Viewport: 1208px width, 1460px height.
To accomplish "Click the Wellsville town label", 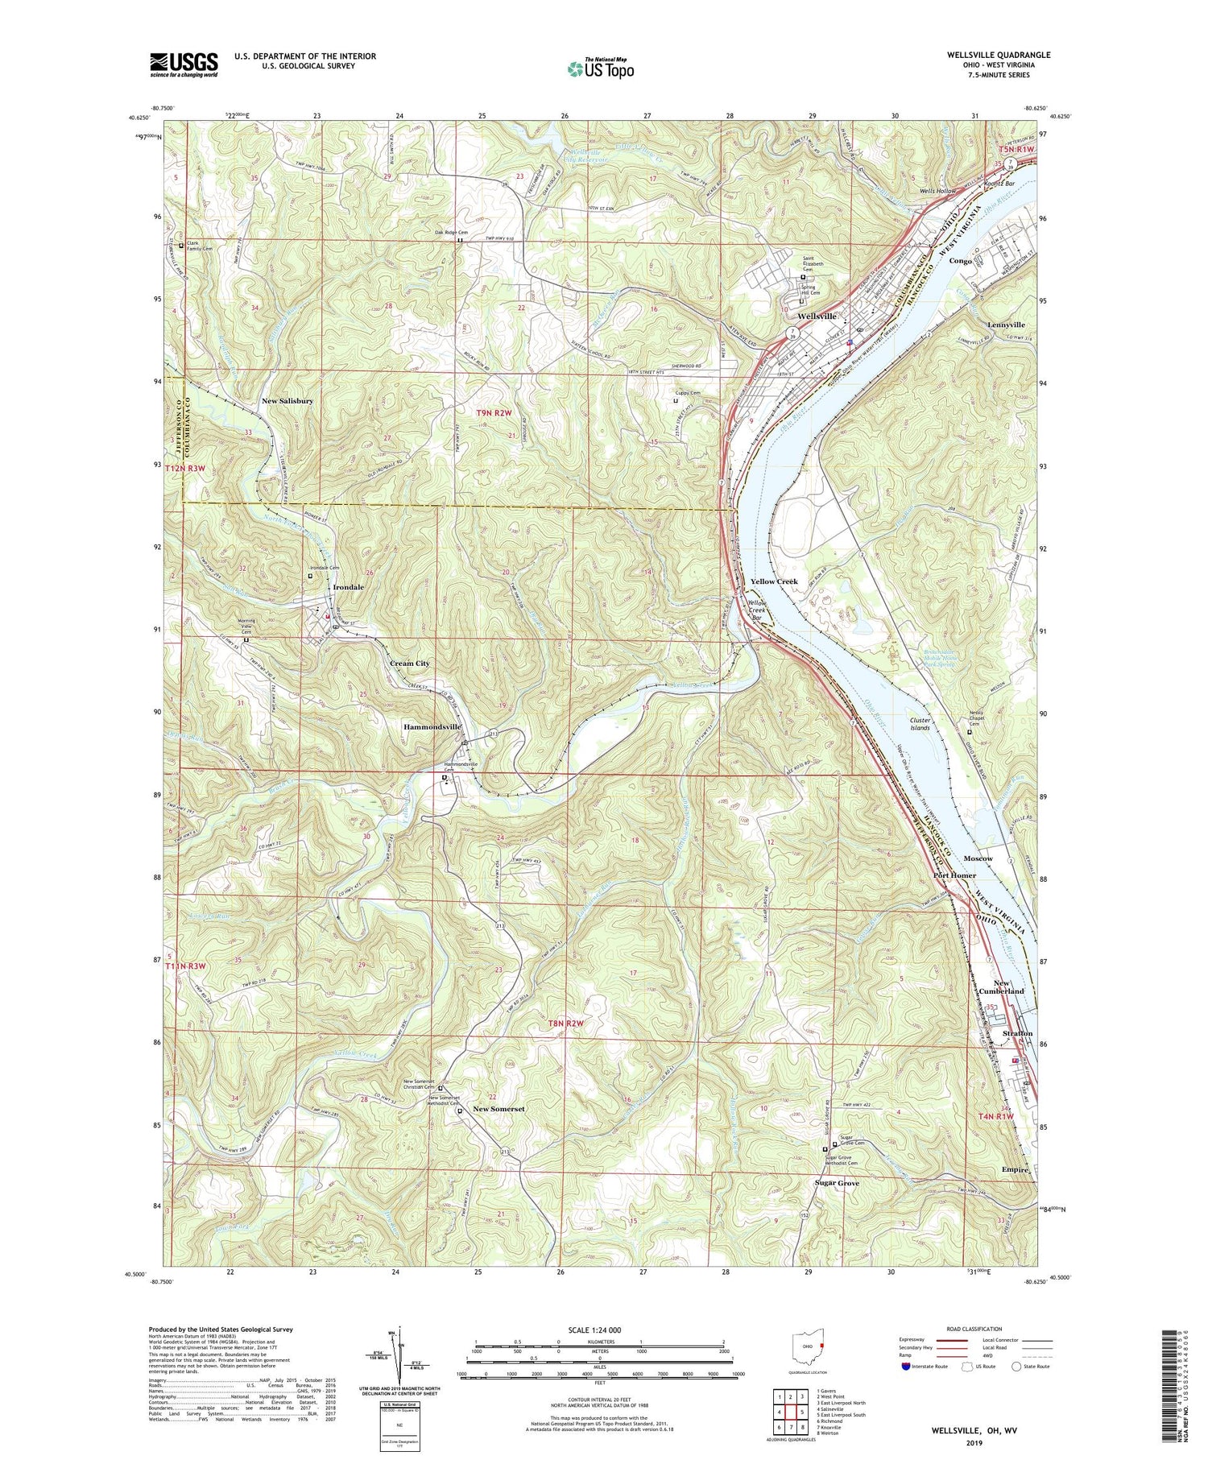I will [x=818, y=316].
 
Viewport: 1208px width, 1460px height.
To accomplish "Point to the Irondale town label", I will [x=345, y=587].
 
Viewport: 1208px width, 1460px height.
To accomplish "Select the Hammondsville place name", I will [x=432, y=726].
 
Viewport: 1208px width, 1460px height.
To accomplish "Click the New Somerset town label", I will [x=499, y=1109].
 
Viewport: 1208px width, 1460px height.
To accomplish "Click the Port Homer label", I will [x=954, y=875].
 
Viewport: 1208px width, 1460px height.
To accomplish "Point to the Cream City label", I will [x=409, y=664].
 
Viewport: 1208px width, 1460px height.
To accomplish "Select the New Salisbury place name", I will [x=288, y=400].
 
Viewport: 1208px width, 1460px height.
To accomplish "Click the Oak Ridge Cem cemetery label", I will [x=451, y=234].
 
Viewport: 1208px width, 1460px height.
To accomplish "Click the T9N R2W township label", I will [x=494, y=413].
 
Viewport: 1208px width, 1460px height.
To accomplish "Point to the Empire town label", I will [x=1017, y=1170].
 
